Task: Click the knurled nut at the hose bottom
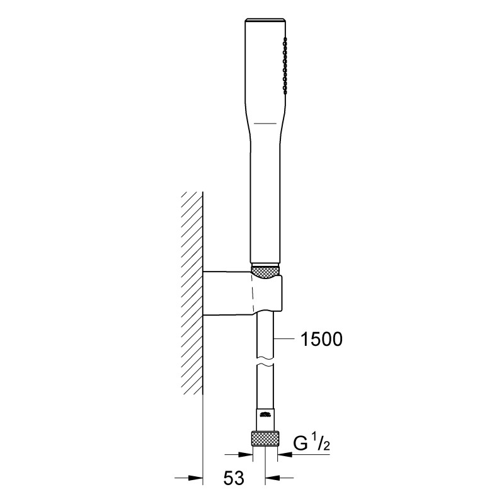(x=265, y=438)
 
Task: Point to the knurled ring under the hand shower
(x=265, y=271)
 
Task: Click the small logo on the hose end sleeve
(x=265, y=414)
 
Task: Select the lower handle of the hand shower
(x=265, y=202)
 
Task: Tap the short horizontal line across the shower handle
(x=265, y=120)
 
